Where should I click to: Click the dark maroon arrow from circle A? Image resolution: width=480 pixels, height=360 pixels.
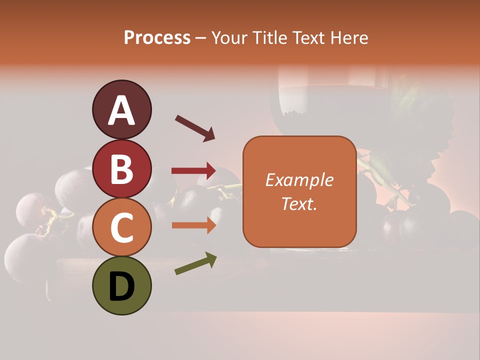click(x=195, y=127)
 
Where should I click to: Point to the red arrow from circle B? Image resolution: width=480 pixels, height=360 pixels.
click(x=193, y=171)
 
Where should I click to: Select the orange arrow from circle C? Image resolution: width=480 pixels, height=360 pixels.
click(x=193, y=225)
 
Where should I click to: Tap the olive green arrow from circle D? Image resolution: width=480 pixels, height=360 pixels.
click(x=195, y=264)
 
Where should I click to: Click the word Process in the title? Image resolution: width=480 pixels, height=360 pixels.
click(x=157, y=38)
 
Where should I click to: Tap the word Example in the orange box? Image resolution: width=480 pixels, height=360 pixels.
click(x=299, y=180)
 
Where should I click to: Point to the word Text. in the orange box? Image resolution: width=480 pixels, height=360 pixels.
click(x=299, y=203)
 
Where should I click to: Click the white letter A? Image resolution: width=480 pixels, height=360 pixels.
click(x=122, y=110)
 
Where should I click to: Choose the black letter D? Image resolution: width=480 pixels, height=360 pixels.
click(x=121, y=286)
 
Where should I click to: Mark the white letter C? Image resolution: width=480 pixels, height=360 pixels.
click(x=121, y=228)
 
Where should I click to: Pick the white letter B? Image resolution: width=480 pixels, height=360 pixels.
click(x=121, y=169)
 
